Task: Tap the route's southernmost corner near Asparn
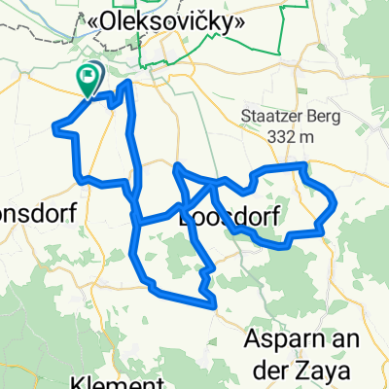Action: [x=213, y=304]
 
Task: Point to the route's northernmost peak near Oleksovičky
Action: [x=126, y=84]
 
